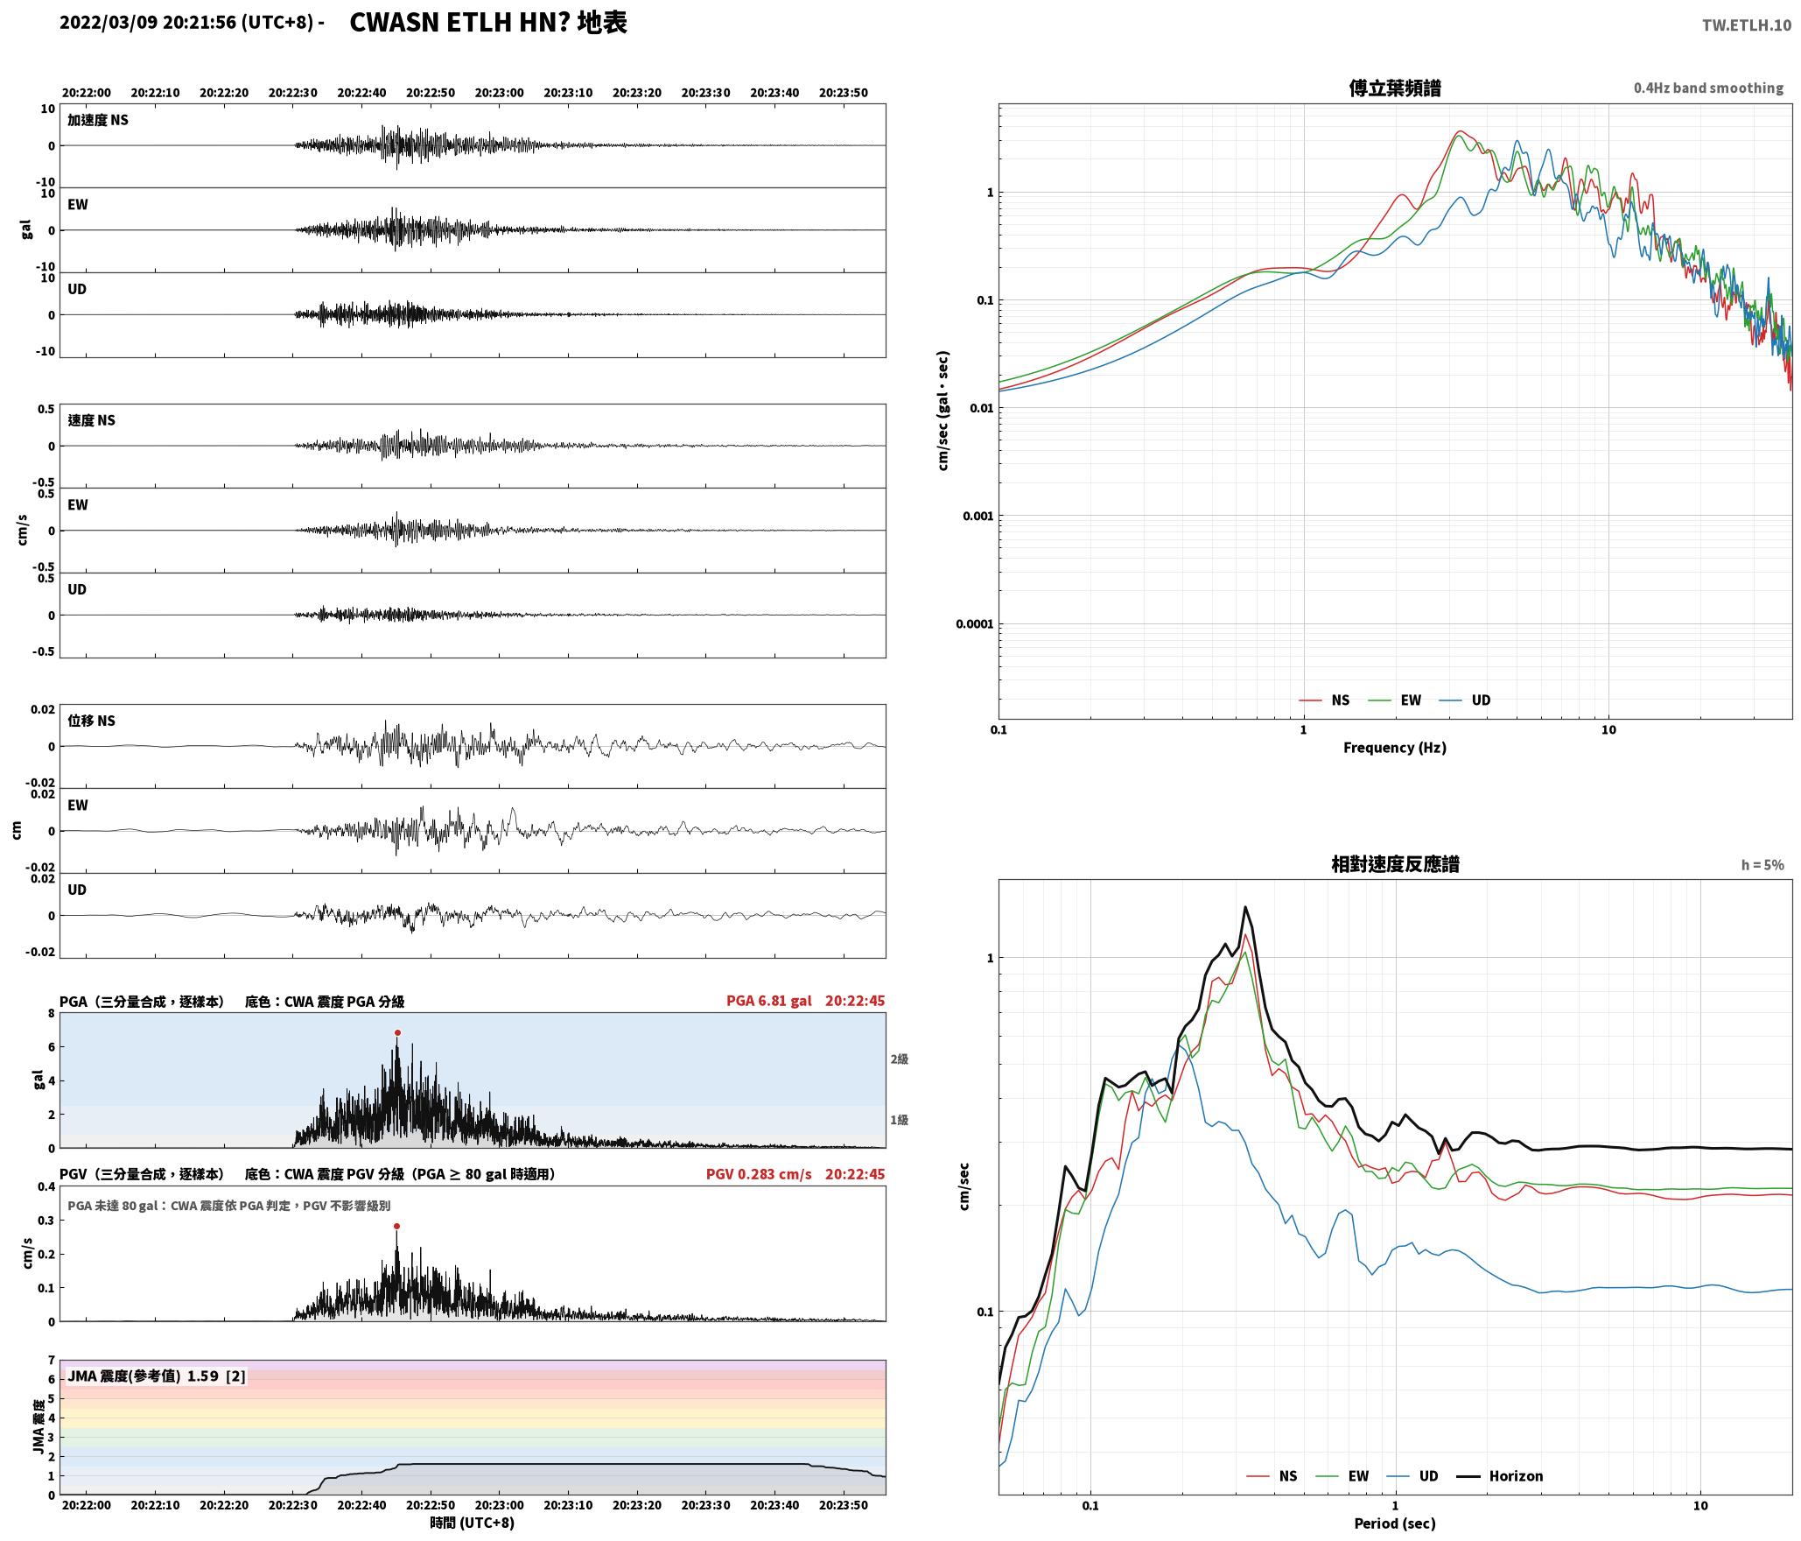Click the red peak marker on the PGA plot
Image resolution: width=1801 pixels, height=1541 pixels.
coord(397,1032)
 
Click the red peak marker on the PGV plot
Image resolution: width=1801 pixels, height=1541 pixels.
coord(396,1227)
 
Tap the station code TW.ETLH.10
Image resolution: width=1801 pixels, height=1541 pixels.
coord(1746,25)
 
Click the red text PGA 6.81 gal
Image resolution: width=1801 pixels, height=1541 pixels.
coord(768,1001)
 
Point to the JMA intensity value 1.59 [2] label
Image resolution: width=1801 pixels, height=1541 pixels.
coord(157,1376)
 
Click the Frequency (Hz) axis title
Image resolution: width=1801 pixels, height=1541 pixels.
coord(1394,747)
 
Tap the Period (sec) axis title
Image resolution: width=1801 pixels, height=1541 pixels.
coord(1394,1523)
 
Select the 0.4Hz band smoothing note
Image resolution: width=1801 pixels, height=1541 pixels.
coord(1708,88)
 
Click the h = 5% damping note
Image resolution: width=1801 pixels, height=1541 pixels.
coord(1762,865)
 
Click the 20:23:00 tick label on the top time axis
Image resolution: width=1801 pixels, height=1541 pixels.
coord(500,93)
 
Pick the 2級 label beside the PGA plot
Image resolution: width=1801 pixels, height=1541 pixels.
coord(900,1059)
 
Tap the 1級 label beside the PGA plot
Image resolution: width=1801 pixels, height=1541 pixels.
coord(900,1120)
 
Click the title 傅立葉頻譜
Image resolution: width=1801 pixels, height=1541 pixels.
coord(1395,88)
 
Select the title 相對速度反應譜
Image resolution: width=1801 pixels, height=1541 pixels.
coord(1395,864)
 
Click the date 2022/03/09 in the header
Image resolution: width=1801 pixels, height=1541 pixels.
coord(109,23)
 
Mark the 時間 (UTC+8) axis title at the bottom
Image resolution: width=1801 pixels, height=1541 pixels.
coord(473,1523)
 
